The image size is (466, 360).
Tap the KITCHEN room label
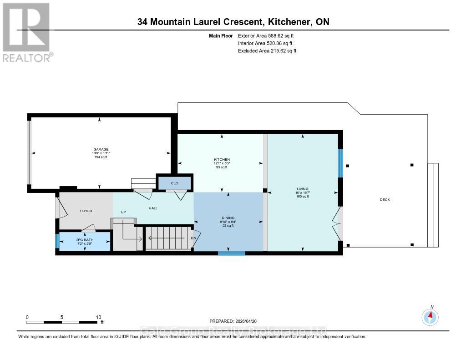coord(219,160)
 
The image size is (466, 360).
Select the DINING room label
coord(228,218)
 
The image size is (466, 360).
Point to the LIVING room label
coord(303,189)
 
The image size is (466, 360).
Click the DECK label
coord(385,200)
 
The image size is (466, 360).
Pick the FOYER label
coord(86,211)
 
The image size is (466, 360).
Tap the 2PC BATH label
coord(83,239)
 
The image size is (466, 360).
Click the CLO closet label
coord(174,183)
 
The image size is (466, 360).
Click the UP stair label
coord(123,212)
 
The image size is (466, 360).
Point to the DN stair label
coord(193,238)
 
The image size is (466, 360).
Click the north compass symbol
coord(430,316)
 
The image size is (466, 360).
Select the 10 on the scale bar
coord(98,317)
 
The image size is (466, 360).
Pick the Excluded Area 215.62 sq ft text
coord(267,51)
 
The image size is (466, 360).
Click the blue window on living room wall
coord(339,163)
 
